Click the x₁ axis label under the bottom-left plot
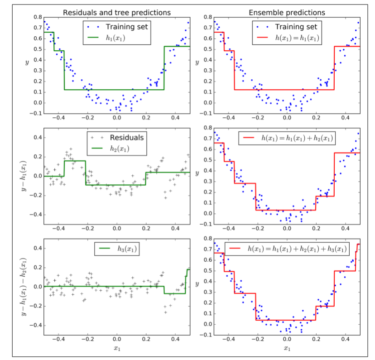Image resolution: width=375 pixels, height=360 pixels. [x=117, y=348]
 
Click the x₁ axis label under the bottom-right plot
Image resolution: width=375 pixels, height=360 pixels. [x=287, y=348]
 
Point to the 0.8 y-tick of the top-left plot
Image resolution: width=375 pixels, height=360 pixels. [x=37, y=17]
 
